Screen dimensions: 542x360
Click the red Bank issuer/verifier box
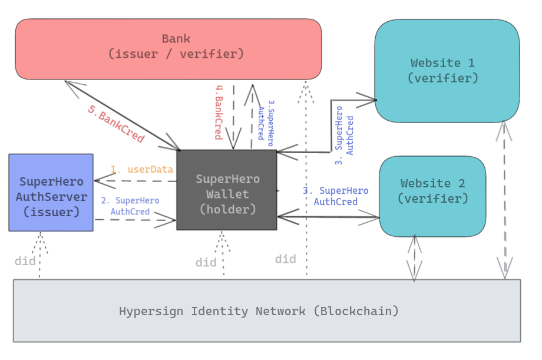pos(168,49)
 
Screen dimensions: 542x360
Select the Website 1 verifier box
pos(447,71)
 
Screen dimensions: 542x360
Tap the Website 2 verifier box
pos(433,196)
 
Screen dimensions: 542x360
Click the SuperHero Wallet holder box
pos(227,190)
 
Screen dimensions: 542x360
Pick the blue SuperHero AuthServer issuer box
pos(51,193)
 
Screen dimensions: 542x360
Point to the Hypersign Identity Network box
pos(267,311)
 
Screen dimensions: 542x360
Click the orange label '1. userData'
pos(142,170)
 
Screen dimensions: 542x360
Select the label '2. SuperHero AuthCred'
pos(130,206)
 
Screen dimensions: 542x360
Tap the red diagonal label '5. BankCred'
pos(116,124)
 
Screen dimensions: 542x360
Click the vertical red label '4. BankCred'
pos(219,113)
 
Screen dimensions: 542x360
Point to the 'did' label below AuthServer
pos(25,261)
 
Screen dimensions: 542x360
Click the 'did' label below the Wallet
pos(206,262)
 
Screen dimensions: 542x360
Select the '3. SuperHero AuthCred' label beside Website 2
pos(336,196)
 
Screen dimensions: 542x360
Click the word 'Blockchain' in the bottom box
pos(359,311)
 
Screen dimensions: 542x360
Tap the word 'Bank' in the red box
pos(176,38)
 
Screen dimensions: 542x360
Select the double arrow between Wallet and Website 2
pos(328,217)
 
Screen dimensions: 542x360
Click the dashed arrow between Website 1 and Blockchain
pos(504,200)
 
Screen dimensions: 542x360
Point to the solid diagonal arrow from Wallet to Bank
pos(122,115)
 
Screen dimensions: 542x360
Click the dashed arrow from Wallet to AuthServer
pos(135,181)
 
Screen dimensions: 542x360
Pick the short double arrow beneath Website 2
pos(414,258)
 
